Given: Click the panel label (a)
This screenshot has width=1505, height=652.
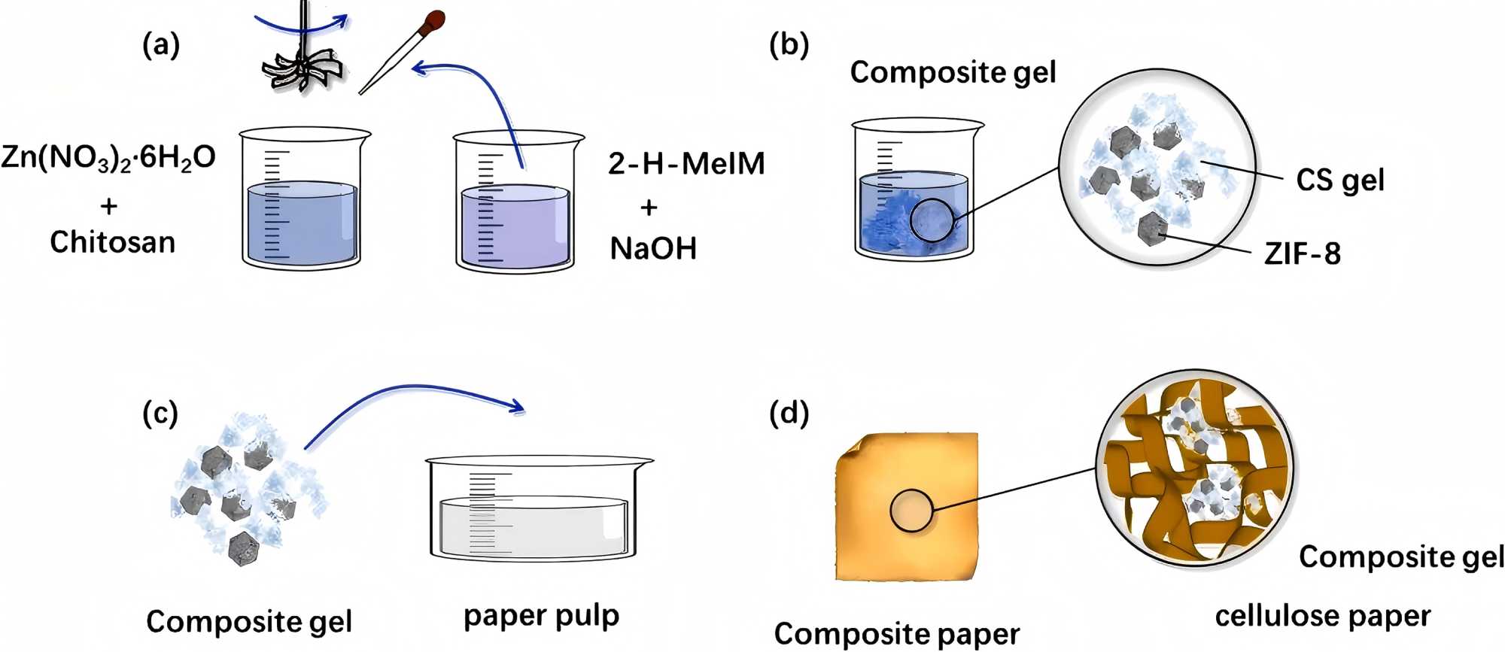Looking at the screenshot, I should (x=161, y=46).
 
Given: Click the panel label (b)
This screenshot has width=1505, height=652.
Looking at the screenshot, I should (x=789, y=45).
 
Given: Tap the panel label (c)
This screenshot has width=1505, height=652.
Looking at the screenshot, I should (x=160, y=413).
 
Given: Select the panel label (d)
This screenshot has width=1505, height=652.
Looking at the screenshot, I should (x=789, y=413).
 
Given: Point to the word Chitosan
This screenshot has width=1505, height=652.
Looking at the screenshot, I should (x=112, y=242).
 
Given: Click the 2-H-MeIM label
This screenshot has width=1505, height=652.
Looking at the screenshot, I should (x=686, y=164).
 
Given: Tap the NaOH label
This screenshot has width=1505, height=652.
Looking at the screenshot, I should (x=653, y=248).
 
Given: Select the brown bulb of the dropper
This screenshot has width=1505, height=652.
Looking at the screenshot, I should (x=433, y=23).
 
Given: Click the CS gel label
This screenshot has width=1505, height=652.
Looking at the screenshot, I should (x=1340, y=180).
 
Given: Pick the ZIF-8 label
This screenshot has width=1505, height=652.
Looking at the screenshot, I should (x=1303, y=253).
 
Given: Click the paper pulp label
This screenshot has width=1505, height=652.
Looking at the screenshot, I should (x=541, y=616).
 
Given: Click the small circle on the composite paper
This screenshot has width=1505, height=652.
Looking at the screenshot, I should (x=911, y=511).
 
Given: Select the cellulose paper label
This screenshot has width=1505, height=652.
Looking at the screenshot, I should (x=1323, y=616).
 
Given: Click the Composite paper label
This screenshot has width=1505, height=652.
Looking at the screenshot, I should (x=896, y=633).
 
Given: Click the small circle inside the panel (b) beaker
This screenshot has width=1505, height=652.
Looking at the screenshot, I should (x=931, y=220).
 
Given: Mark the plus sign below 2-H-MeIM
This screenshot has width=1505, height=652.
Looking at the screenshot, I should (x=649, y=207).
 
